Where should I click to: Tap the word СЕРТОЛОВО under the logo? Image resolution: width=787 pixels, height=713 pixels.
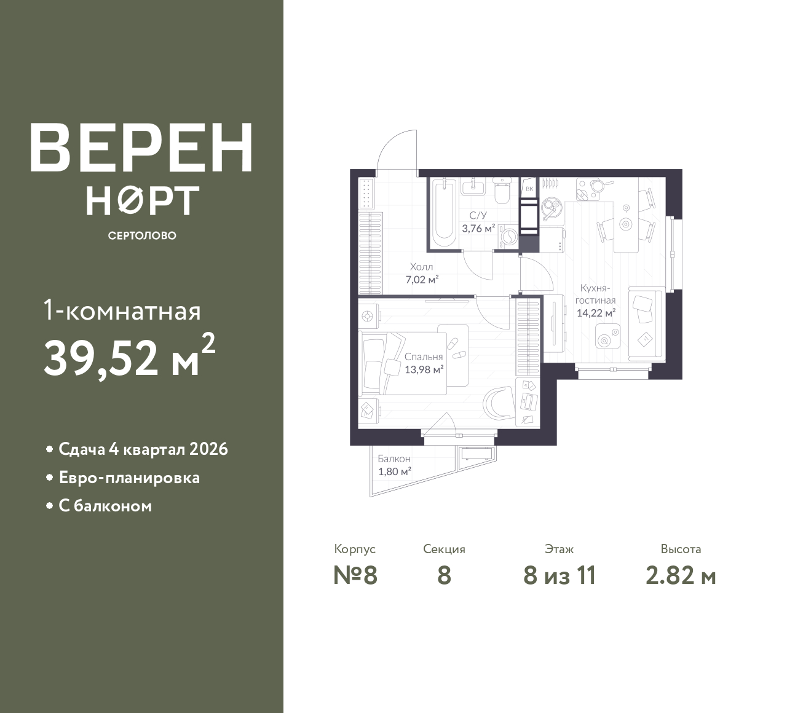[x=142, y=235]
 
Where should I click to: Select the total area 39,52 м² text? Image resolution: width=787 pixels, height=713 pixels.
[x=130, y=357]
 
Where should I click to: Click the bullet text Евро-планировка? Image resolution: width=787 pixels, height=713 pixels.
[x=129, y=478]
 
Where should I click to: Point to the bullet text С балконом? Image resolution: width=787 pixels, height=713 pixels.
[x=105, y=506]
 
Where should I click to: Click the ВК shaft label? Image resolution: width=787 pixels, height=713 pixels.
[x=529, y=189]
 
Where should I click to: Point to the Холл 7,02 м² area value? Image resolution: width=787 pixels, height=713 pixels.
[x=422, y=280]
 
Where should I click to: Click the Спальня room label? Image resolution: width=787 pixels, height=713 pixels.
[x=424, y=357]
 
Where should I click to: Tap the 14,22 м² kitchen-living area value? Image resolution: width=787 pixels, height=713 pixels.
[x=596, y=313]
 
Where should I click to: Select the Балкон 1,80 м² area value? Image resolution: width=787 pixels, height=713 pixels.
[x=394, y=471]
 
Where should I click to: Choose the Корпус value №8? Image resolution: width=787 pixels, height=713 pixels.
[x=355, y=575]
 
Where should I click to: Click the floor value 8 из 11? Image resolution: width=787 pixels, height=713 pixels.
[x=560, y=575]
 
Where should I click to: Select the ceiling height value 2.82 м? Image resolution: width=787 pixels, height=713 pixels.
[x=681, y=575]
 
